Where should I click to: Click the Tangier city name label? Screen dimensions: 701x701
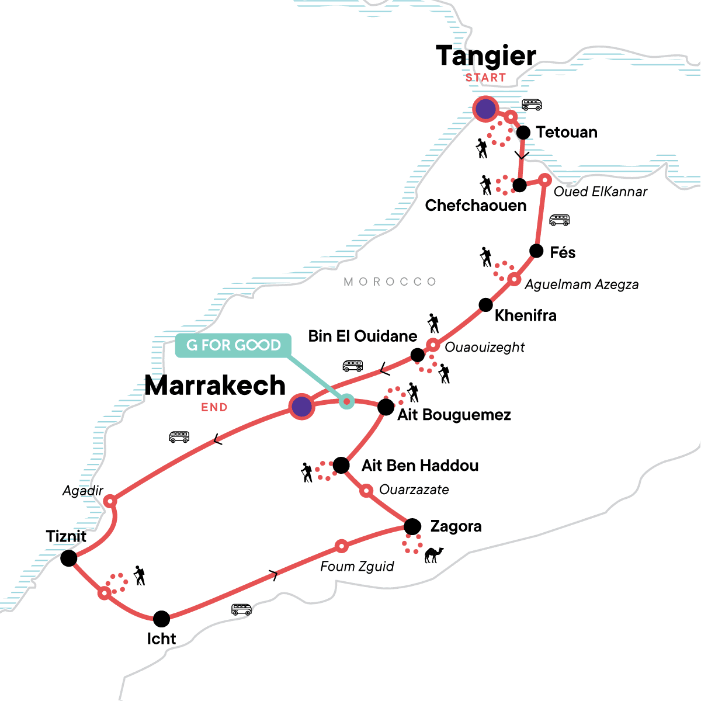tap(485, 57)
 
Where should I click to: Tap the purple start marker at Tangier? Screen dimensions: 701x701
tap(485, 109)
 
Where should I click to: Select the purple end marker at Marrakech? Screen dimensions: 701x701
tap(301, 406)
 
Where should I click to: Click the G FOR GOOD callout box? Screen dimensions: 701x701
tap(234, 345)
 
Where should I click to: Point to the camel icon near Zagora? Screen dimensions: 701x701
tap(433, 554)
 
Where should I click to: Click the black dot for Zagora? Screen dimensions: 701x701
tap(412, 526)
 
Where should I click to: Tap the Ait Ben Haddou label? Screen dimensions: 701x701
tap(420, 466)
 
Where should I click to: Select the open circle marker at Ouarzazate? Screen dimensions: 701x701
tap(366, 491)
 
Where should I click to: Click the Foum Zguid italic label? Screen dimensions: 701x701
tap(357, 566)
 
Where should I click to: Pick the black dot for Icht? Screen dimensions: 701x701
tap(162, 619)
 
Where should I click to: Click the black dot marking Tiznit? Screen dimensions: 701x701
tap(69, 558)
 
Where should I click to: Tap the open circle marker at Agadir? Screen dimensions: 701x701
tap(110, 501)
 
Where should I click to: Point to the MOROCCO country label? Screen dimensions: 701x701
tap(390, 282)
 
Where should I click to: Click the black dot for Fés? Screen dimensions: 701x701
tap(536, 251)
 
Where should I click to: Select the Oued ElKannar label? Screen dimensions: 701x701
tap(600, 192)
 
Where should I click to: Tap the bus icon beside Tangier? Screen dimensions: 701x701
tap(532, 105)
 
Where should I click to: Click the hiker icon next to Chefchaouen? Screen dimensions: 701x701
tap(485, 185)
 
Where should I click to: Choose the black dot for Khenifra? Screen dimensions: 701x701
tap(485, 305)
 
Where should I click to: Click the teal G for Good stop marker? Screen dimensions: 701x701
tap(347, 401)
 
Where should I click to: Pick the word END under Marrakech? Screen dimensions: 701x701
tap(214, 408)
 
